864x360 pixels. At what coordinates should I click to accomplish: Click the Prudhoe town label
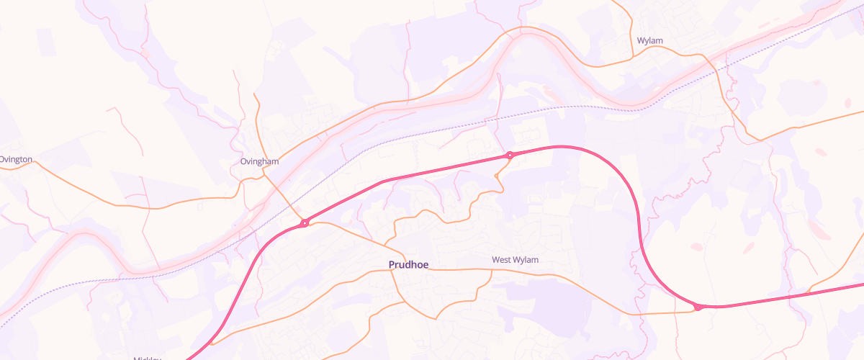click(x=408, y=265)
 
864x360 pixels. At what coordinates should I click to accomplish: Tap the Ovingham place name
click(x=259, y=162)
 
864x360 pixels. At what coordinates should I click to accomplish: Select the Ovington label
click(x=16, y=159)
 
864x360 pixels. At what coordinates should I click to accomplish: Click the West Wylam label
click(x=515, y=259)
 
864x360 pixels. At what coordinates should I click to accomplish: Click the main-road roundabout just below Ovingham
click(x=305, y=223)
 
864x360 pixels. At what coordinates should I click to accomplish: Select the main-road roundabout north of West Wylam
click(x=510, y=155)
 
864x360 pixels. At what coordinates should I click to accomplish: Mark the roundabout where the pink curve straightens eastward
click(x=698, y=307)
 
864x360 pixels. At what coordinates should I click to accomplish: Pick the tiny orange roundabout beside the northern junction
click(x=497, y=175)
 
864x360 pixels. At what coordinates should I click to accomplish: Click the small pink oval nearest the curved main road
click(x=696, y=247)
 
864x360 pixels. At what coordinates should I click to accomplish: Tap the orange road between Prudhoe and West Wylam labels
click(x=461, y=270)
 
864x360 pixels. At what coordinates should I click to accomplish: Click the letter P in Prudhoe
click(x=392, y=265)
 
